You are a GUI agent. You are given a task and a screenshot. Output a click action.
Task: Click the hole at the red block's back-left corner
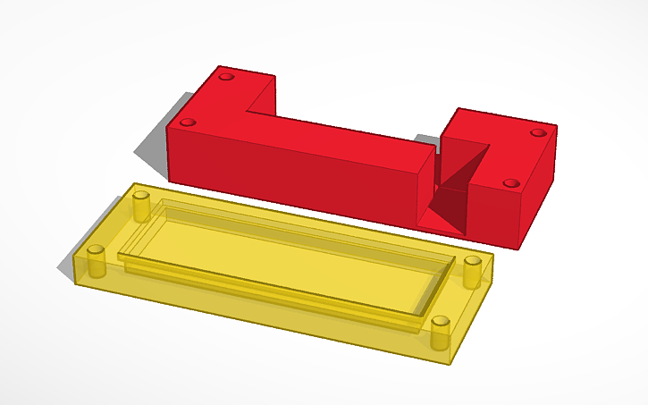point(223,78)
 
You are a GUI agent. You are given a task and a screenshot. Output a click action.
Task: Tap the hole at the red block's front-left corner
point(187,122)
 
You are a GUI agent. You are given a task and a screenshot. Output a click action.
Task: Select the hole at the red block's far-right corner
point(536,132)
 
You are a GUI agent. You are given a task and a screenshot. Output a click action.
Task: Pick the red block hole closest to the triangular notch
point(510,182)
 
